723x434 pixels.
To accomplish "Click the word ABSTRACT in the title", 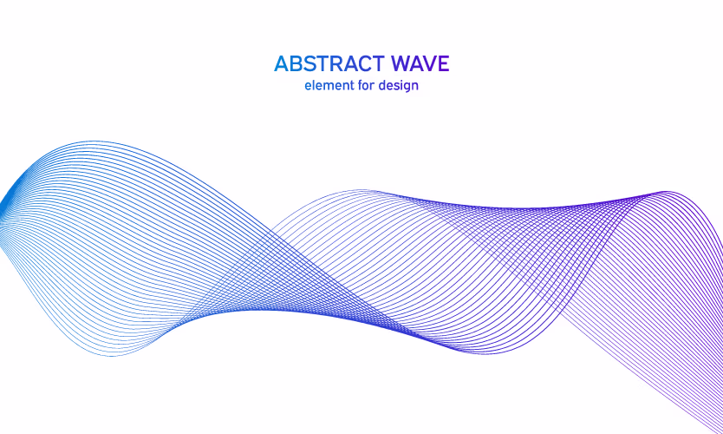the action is pyautogui.click(x=329, y=64).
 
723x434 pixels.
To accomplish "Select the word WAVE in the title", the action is pyautogui.click(x=420, y=64).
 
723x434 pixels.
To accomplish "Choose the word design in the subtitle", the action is pyautogui.click(x=399, y=86).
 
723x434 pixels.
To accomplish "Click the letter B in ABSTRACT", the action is pyautogui.click(x=296, y=64).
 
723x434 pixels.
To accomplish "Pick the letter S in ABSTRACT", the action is pyautogui.click(x=309, y=64).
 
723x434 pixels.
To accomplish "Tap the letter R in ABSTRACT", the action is pyautogui.click(x=337, y=64).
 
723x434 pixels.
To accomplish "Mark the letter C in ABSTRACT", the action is pyautogui.click(x=364, y=64).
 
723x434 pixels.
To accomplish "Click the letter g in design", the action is pyautogui.click(x=406, y=88).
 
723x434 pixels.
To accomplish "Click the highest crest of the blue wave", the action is pyautogui.click(x=94, y=141).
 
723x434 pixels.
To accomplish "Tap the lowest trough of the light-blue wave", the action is pyautogui.click(x=112, y=356).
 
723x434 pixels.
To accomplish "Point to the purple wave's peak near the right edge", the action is pyautogui.click(x=666, y=191).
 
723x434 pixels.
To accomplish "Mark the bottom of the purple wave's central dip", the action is pyautogui.click(x=484, y=353).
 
